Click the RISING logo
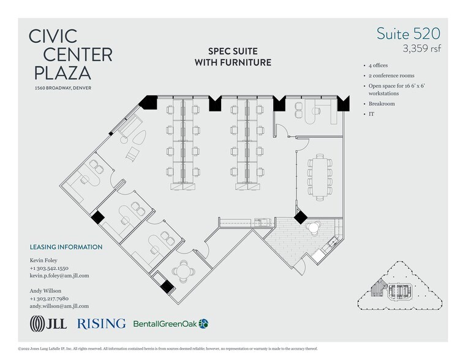[101, 323]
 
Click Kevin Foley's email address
[59, 276]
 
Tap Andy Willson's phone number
[50, 298]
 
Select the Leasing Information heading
[66, 247]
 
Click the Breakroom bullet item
[382, 104]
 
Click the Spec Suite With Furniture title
[233, 58]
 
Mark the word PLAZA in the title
[60, 73]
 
